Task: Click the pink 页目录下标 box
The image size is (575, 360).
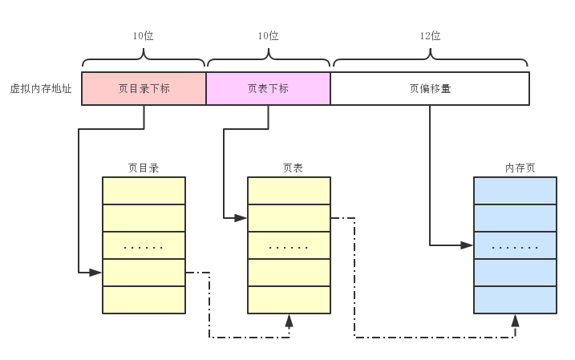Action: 144,88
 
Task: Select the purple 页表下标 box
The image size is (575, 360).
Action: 268,88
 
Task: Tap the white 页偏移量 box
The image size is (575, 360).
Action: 430,88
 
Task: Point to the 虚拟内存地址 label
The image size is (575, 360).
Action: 41,89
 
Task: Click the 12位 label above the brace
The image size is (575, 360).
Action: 430,36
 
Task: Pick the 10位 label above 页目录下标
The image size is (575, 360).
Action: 144,36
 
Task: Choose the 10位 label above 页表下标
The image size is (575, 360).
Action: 268,36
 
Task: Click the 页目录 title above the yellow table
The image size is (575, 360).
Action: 144,168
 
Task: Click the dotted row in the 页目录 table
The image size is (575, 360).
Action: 144,245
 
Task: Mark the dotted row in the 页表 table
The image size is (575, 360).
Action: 289,245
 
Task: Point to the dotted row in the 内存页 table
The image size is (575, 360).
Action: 515,245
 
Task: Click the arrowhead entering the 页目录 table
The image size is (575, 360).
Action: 95,273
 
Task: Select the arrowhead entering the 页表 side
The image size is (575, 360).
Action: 240,217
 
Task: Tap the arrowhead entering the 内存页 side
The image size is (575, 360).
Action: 467,245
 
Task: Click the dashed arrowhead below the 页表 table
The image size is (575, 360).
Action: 289,320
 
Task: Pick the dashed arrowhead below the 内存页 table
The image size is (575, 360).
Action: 515,320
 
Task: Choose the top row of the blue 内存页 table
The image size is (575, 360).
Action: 515,190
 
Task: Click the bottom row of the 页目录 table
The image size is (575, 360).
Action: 144,299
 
